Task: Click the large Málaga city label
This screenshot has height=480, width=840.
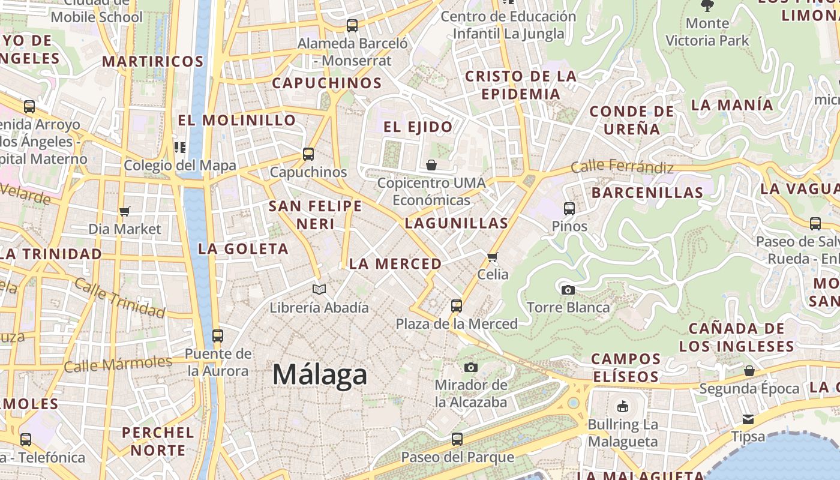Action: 319,375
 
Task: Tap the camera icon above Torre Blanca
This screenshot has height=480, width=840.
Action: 568,290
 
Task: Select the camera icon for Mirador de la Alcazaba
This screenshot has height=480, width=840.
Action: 471,367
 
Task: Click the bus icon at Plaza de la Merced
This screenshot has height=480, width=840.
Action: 457,306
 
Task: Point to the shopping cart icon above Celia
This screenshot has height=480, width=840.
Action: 493,257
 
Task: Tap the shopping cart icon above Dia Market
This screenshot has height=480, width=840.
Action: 125,211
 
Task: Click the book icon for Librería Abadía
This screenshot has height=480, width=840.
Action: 319,290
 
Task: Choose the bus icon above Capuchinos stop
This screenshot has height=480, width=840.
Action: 308,154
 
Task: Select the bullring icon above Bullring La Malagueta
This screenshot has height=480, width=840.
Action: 623,407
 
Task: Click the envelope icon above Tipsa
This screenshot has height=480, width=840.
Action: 748,419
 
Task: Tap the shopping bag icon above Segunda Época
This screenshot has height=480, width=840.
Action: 749,371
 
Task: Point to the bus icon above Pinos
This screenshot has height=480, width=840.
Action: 569,209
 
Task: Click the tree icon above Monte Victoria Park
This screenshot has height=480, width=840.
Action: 707,5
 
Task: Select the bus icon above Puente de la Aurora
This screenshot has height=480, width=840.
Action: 218,336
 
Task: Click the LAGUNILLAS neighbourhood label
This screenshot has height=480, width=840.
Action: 457,223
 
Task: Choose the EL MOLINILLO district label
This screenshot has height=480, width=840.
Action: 237,120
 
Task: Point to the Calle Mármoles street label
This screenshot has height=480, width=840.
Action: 118,364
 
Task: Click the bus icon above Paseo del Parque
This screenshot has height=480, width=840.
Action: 457,439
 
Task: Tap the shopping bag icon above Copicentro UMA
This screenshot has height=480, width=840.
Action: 431,165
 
